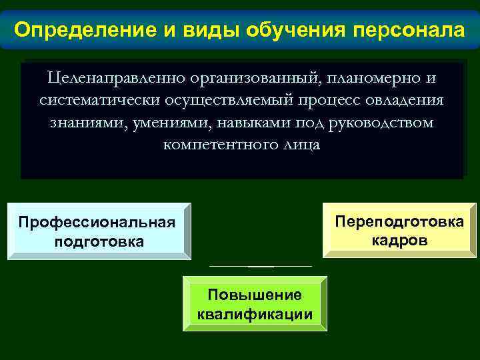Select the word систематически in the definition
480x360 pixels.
[x=96, y=101]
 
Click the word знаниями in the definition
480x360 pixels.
[x=81, y=123]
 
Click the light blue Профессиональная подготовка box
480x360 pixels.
[x=99, y=231]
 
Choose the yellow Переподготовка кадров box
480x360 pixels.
[x=399, y=230]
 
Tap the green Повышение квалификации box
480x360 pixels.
[x=255, y=304]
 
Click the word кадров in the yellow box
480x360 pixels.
[x=399, y=240]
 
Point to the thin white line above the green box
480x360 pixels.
[x=260, y=266]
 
